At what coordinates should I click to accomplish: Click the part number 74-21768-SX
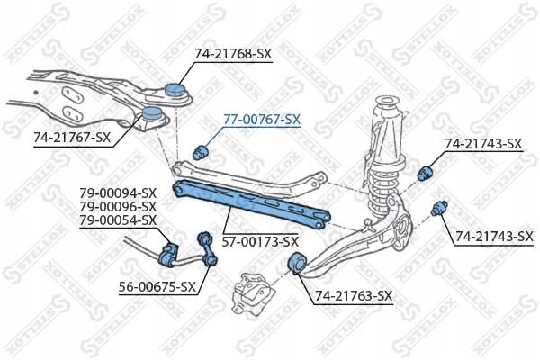(233, 54)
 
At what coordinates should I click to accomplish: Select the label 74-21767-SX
(72, 138)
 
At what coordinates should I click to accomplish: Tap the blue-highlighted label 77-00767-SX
(262, 120)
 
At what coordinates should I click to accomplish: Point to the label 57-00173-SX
(260, 242)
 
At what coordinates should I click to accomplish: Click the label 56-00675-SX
(157, 286)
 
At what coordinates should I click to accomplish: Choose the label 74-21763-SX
(354, 295)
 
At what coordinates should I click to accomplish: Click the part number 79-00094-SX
(118, 193)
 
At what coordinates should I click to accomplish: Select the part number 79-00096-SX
(118, 207)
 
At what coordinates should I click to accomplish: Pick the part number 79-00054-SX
(118, 220)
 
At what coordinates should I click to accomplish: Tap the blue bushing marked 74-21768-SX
(175, 91)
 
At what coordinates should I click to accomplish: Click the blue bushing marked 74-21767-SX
(152, 113)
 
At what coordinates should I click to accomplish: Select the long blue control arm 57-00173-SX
(251, 204)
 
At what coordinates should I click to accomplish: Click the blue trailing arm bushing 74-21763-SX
(296, 263)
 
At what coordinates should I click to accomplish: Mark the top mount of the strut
(388, 104)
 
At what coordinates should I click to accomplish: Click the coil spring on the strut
(382, 184)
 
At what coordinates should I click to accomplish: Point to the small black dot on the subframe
(36, 93)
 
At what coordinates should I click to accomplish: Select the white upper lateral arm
(249, 179)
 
